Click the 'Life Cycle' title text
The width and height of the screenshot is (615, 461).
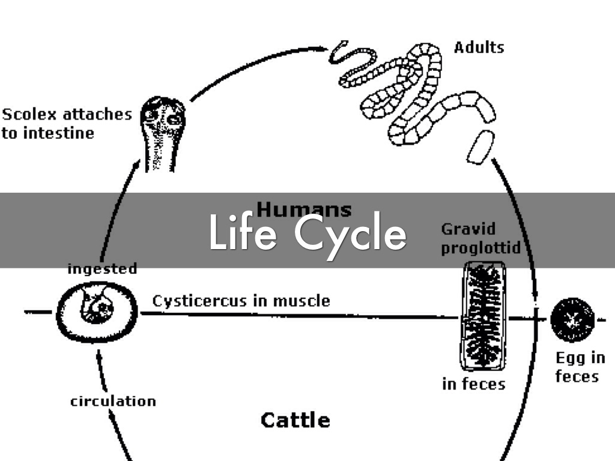[307, 233]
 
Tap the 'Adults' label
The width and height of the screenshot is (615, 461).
[479, 47]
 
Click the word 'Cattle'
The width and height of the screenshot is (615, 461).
[295, 420]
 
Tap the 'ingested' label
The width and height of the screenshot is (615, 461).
[102, 268]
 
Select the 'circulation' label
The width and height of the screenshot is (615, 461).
[113, 401]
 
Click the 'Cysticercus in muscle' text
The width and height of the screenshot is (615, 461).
[241, 300]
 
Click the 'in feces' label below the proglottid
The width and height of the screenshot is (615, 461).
[473, 384]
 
